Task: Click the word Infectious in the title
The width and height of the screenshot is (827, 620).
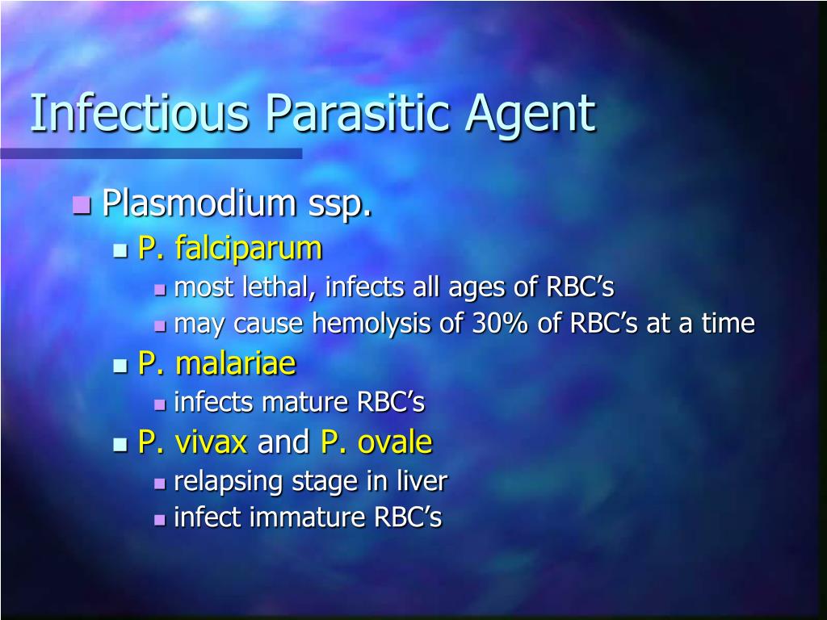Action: pos(139,112)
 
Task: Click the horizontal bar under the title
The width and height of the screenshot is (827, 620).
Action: pos(151,153)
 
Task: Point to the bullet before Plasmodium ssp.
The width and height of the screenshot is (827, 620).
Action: pos(82,204)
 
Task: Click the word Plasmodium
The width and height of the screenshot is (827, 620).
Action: pos(199,202)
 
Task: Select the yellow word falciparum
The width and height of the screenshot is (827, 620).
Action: pos(249,248)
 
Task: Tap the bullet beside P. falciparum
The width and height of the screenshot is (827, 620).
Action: pos(120,250)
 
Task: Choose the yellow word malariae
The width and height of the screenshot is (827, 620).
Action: pos(236,363)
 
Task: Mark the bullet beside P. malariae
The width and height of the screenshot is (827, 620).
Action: pos(120,366)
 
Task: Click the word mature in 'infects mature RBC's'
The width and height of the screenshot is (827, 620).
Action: pos(304,402)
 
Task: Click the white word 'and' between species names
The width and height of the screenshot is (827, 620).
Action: pos(283,442)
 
